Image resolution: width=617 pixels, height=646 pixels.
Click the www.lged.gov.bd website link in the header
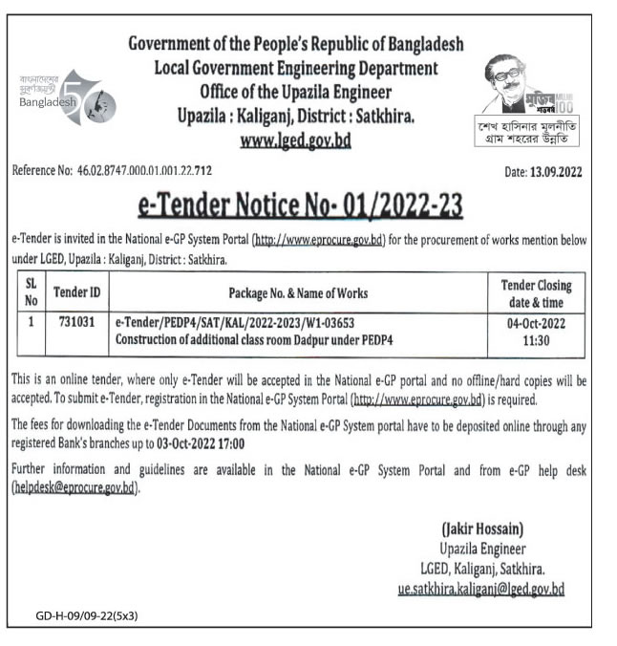295,140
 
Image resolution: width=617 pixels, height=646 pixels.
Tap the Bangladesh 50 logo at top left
73,96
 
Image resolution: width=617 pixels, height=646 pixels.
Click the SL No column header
31,291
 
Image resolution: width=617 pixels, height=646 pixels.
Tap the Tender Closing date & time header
536,291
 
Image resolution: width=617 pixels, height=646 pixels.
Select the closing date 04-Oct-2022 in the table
536,323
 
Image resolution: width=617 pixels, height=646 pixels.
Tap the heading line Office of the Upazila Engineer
295,92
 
